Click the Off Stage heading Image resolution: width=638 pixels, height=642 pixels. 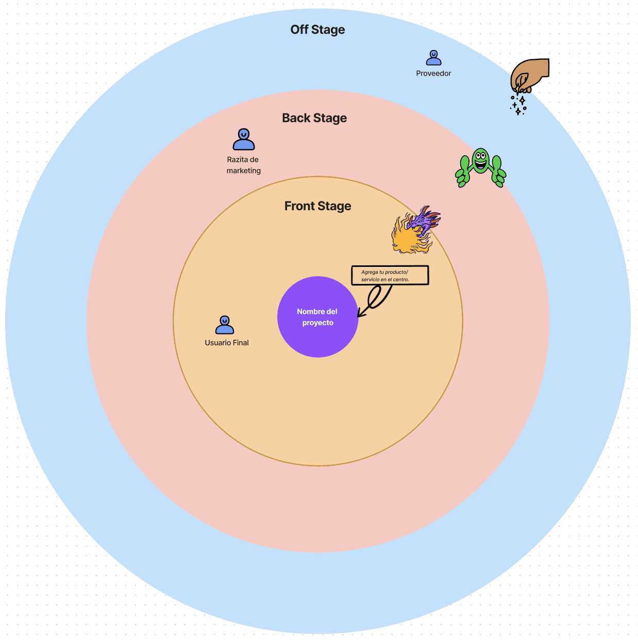coord(317,30)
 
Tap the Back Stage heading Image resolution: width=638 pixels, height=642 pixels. coord(314,118)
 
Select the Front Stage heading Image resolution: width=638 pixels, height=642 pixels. coord(317,206)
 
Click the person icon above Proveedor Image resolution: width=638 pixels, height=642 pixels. coord(434,58)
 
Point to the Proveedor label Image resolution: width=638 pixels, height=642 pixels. coord(433,74)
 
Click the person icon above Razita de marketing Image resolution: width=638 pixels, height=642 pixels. coord(244,139)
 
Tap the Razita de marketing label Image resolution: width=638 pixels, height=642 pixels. coord(243,165)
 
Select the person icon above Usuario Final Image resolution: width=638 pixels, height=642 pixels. coord(225,325)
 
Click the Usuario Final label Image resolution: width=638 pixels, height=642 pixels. coord(227,343)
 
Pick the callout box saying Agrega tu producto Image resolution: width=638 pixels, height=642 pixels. coord(390,275)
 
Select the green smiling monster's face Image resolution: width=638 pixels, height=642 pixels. coord(480,160)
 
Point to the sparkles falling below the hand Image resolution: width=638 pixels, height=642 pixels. coord(518,104)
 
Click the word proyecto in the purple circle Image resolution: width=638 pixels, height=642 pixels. coord(317,323)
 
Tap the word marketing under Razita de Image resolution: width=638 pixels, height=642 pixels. coord(244,171)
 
